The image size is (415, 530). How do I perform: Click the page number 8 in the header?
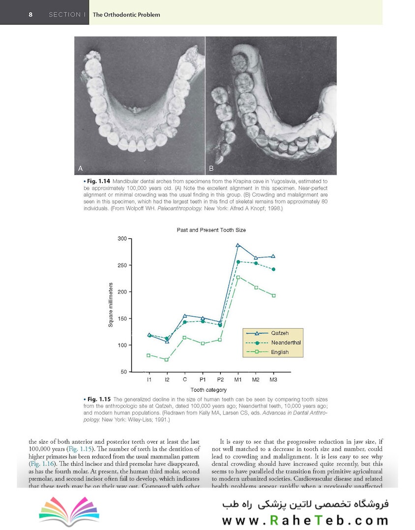click(x=30, y=14)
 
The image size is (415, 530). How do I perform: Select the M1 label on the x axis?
click(x=238, y=380)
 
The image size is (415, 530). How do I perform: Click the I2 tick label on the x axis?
click(x=167, y=380)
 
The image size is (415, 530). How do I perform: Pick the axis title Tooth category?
click(x=209, y=390)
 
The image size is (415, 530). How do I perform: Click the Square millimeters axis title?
click(x=112, y=305)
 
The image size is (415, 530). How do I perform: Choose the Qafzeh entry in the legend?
click(x=280, y=333)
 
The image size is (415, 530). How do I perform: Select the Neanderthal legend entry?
click(x=285, y=343)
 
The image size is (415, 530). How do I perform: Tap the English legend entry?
click(x=280, y=352)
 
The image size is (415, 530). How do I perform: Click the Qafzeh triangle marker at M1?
click(x=238, y=245)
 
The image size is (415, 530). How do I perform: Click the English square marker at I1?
click(x=148, y=355)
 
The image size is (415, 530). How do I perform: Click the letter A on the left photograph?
click(x=81, y=168)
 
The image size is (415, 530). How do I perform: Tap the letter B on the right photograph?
click(x=211, y=168)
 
